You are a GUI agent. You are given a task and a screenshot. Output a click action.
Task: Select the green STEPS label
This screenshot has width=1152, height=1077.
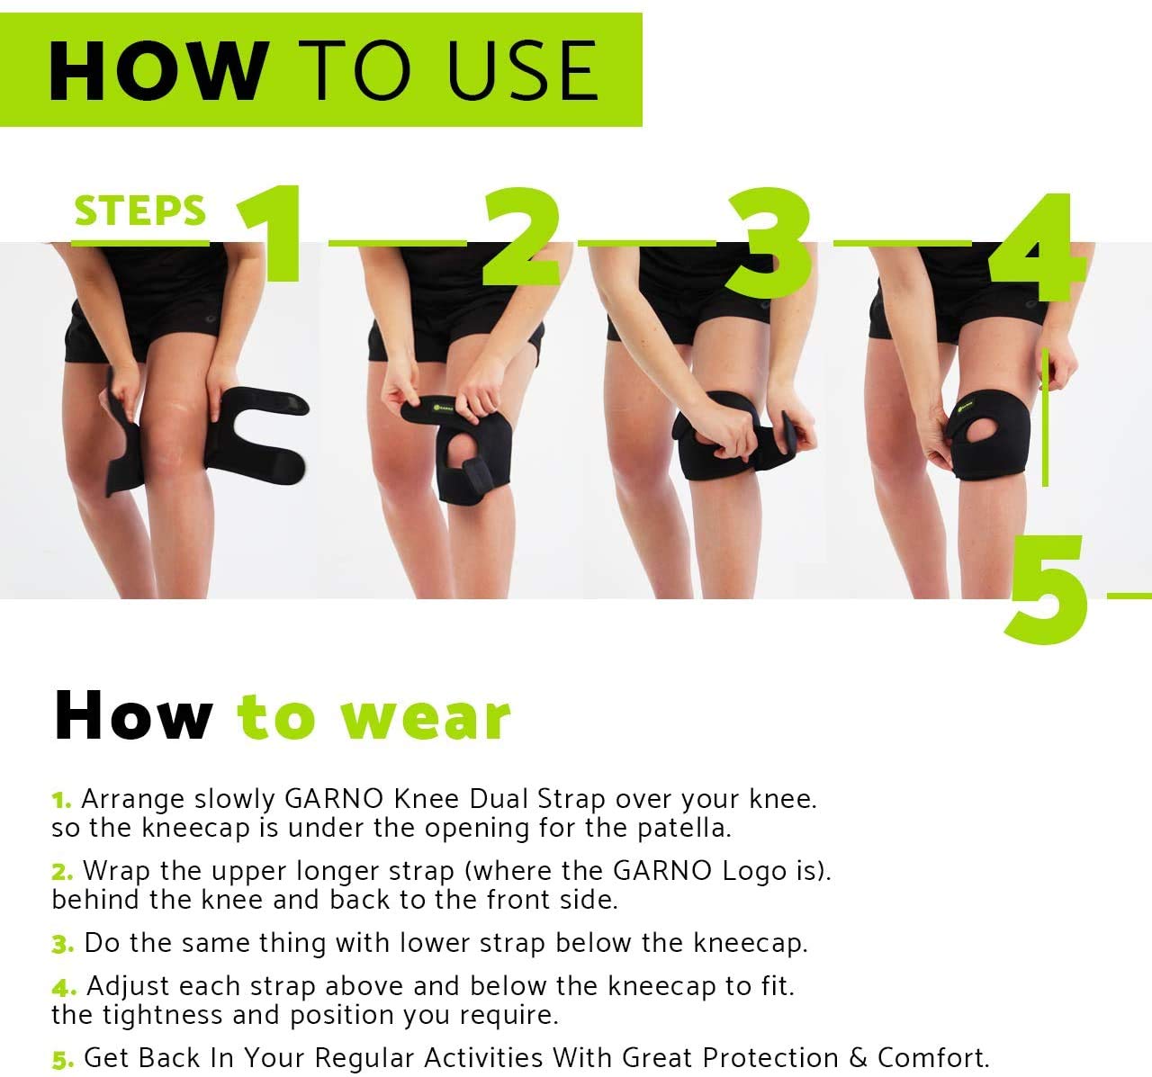tap(139, 210)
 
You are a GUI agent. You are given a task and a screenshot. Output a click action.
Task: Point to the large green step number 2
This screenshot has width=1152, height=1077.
tap(521, 236)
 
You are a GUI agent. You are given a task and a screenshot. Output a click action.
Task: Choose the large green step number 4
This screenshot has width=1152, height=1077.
tap(1037, 247)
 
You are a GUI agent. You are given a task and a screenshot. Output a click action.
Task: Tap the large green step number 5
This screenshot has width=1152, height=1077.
tap(1046, 588)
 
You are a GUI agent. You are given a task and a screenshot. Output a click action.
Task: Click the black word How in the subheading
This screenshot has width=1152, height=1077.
tap(133, 715)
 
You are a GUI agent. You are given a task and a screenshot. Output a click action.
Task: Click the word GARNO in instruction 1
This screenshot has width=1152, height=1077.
tap(334, 799)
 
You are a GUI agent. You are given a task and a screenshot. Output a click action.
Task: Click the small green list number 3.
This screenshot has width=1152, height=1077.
tap(62, 944)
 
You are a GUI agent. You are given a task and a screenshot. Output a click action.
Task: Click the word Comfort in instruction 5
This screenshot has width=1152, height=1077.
tap(932, 1058)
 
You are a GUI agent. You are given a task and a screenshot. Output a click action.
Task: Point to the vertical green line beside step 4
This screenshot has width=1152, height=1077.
tap(1045, 417)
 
